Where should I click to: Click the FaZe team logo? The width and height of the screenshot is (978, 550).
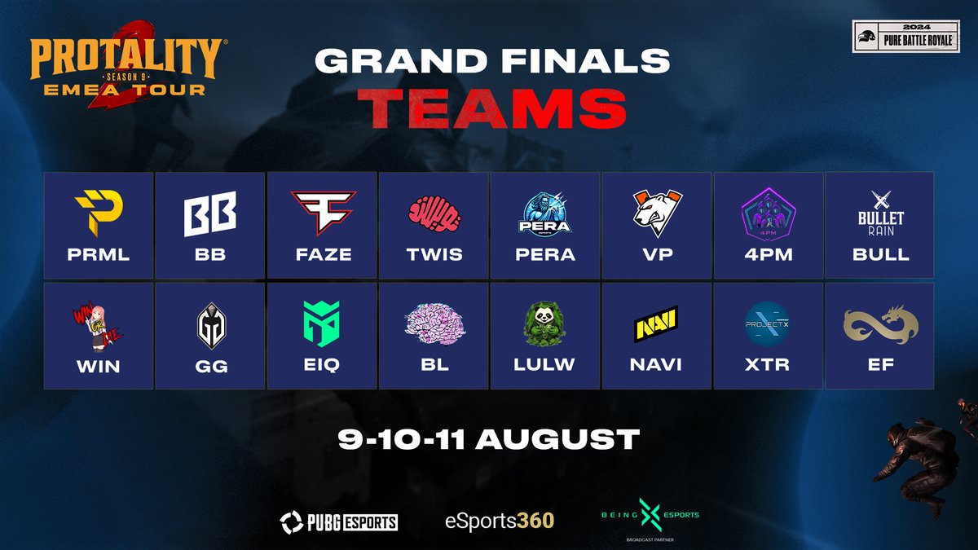[x=323, y=213]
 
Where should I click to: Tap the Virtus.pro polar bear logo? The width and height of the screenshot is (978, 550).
[x=657, y=214]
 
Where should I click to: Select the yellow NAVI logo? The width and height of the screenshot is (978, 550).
[x=657, y=324]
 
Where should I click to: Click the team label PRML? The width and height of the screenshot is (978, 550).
[x=99, y=254]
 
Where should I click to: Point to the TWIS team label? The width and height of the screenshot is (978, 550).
[x=434, y=254]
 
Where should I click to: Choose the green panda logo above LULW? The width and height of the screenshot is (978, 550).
[x=545, y=323]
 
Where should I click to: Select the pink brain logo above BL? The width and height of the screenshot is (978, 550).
[x=434, y=324]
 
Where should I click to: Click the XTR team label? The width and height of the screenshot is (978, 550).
[x=768, y=365]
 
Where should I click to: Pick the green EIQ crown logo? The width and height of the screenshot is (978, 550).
[x=323, y=324]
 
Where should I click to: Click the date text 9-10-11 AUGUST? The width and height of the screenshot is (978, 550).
[x=489, y=439]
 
